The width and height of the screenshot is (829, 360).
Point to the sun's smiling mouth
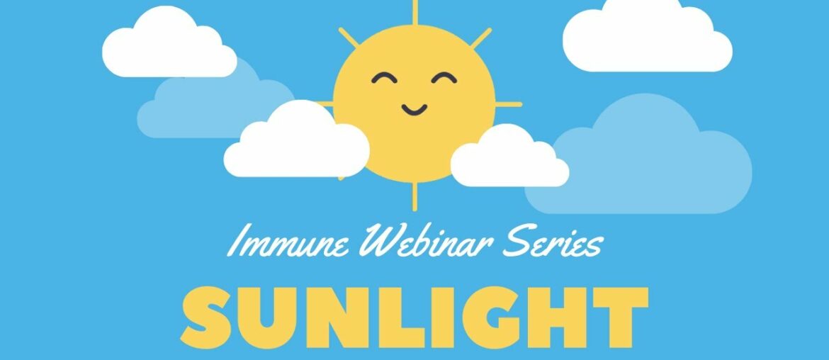(x=414, y=109)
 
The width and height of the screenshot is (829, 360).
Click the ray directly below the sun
(x=414, y=196)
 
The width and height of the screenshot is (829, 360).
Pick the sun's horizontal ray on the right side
(x=508, y=105)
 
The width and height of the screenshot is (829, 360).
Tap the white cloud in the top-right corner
(x=646, y=37)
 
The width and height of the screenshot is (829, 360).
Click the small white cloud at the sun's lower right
(x=509, y=160)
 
